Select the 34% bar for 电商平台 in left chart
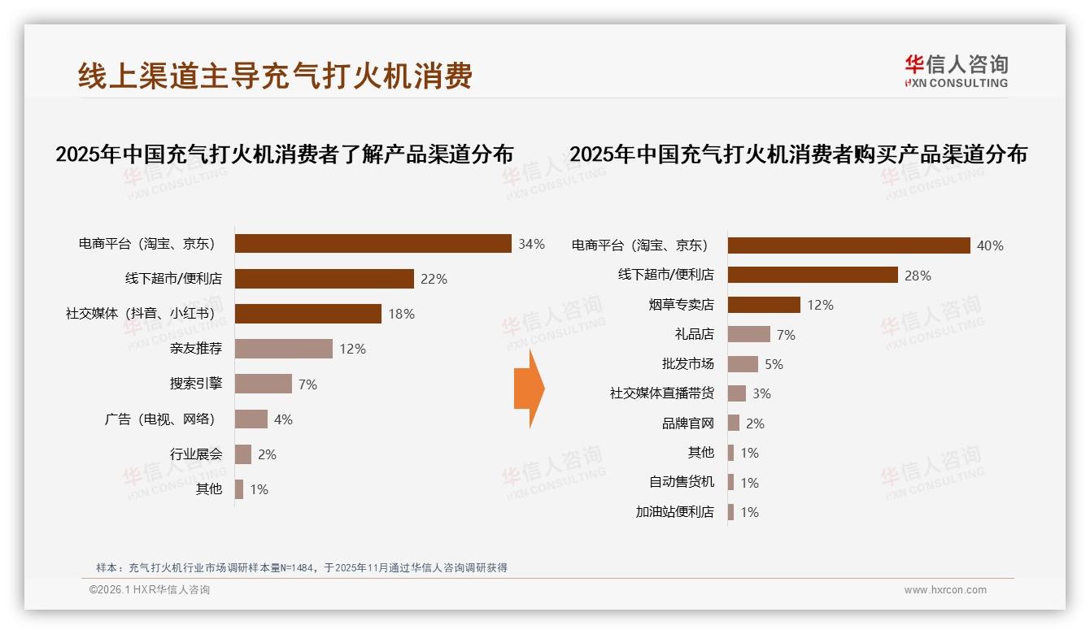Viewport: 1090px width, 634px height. (x=373, y=244)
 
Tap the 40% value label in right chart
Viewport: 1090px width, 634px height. (x=990, y=245)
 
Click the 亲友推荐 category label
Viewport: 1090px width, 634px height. (x=196, y=349)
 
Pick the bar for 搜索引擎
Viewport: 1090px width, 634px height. (x=263, y=384)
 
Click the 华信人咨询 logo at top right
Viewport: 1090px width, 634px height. (x=956, y=71)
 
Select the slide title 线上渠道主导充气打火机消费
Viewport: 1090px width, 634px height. (x=275, y=76)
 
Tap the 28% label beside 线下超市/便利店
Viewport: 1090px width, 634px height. (x=918, y=276)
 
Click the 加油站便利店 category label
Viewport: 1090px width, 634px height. (x=674, y=512)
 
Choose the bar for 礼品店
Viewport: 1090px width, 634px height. (x=748, y=334)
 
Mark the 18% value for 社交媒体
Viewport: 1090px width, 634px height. (x=401, y=314)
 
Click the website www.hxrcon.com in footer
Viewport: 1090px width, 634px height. (x=945, y=590)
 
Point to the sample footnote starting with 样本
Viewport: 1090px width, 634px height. (x=301, y=567)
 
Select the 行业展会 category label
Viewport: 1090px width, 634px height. (x=196, y=454)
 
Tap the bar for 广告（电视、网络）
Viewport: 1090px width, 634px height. (x=251, y=419)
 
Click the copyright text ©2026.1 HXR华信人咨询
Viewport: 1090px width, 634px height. (x=149, y=590)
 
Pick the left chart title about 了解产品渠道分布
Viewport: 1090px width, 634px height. (x=284, y=154)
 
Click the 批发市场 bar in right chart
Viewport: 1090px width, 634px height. (x=743, y=364)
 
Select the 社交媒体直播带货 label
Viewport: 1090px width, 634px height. (x=661, y=393)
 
